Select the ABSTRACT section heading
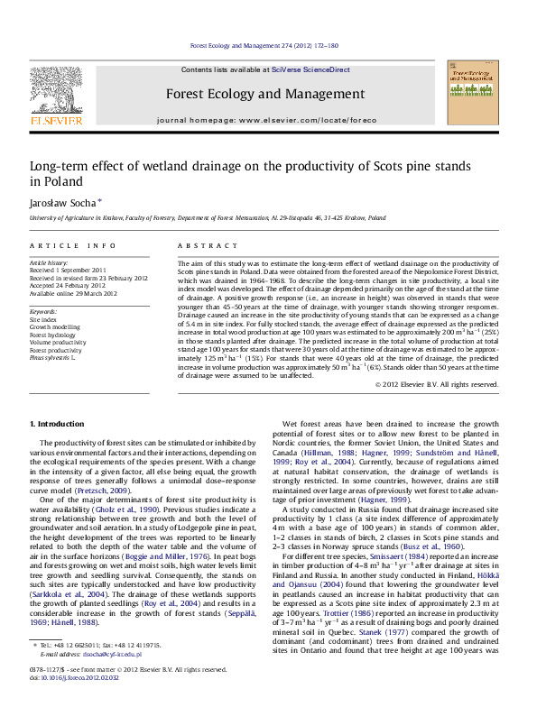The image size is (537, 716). click(200, 245)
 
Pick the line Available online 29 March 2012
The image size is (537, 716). click(74, 294)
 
